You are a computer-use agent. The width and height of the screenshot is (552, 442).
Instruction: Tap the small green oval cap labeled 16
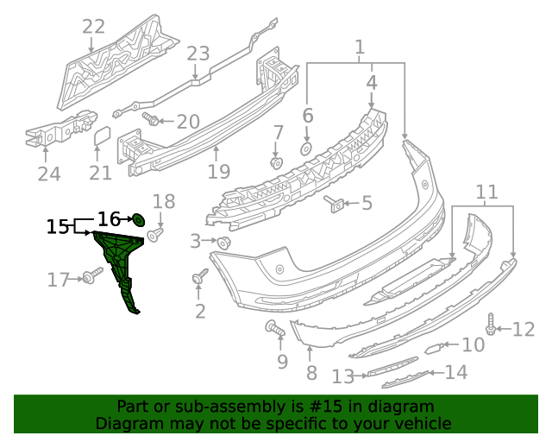(x=137, y=220)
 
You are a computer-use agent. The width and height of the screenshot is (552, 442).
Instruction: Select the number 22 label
(x=93, y=27)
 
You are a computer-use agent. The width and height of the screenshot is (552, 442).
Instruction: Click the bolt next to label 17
(x=91, y=276)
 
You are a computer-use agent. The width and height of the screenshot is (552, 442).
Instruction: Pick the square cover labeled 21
(x=101, y=136)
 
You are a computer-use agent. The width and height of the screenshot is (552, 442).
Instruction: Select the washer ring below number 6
(x=306, y=148)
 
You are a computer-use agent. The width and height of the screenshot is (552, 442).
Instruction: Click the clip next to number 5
(x=336, y=205)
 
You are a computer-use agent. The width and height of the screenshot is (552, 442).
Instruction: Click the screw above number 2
(x=199, y=279)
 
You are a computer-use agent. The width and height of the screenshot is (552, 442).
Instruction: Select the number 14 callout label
(x=456, y=372)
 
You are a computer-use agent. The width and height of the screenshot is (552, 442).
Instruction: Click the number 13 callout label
(x=343, y=376)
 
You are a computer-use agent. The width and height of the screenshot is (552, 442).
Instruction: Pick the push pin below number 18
(x=156, y=234)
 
